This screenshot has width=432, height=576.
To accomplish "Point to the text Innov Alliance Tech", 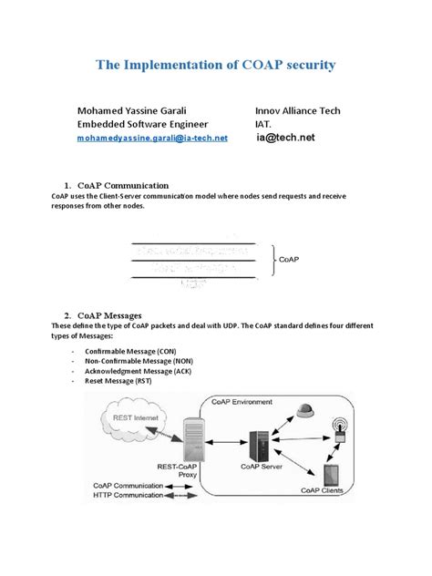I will (x=297, y=110).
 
